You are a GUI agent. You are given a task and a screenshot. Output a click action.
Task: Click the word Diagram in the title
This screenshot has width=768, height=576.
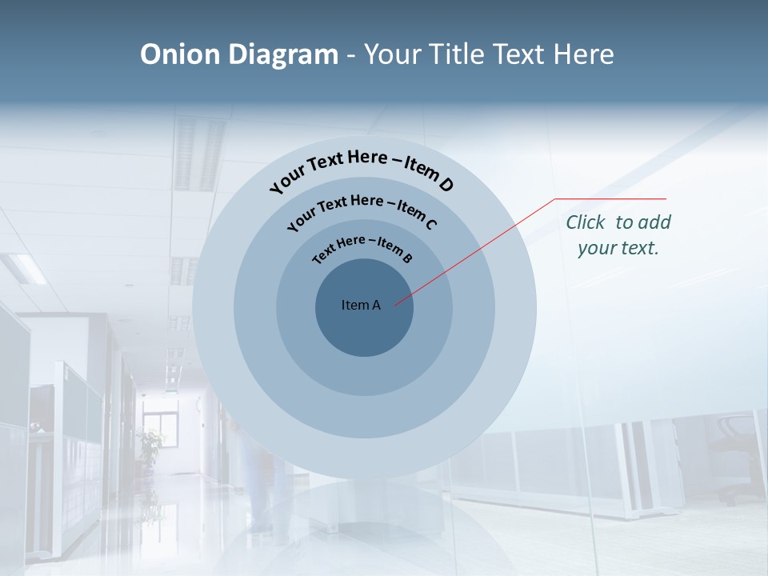tap(283, 54)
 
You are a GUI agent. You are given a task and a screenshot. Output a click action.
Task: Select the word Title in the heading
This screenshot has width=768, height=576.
tap(457, 54)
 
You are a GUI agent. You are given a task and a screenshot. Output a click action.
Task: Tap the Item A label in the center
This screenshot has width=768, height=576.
tap(361, 305)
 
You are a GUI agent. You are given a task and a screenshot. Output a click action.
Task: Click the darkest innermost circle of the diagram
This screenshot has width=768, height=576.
tap(364, 328)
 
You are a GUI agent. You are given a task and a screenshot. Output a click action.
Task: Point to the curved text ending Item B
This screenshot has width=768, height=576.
tap(362, 247)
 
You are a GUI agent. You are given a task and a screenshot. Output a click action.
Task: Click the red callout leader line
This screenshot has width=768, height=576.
tap(480, 248)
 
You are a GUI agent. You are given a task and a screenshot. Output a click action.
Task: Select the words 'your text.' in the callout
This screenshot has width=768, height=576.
tap(618, 248)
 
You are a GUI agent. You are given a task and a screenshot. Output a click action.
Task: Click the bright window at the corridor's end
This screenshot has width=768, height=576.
tap(160, 432)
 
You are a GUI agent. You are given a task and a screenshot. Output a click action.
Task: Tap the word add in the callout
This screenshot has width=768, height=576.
tap(655, 222)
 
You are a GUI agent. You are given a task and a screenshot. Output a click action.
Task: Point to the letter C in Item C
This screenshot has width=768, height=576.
tap(430, 224)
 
